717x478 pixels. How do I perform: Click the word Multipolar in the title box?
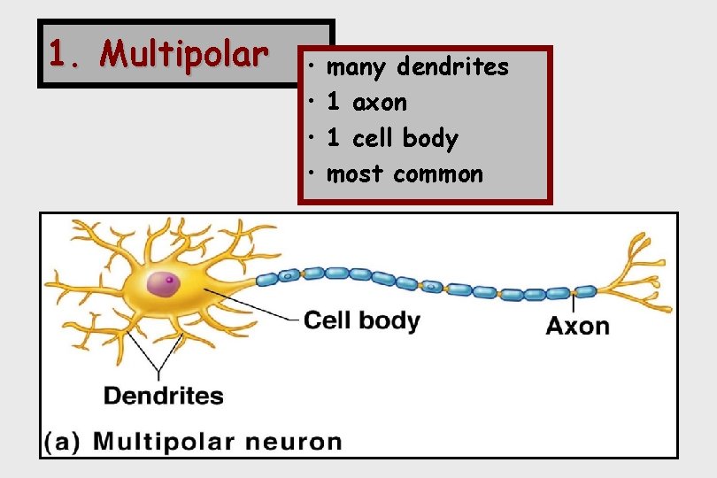[x=183, y=55]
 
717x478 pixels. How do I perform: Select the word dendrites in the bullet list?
[x=452, y=66]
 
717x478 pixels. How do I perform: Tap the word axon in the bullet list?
[x=380, y=103]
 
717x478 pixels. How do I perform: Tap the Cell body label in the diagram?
[x=361, y=320]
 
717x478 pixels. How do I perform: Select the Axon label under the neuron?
[x=577, y=326]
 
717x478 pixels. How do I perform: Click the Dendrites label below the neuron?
[x=164, y=395]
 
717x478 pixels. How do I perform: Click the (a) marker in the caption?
[x=64, y=441]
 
